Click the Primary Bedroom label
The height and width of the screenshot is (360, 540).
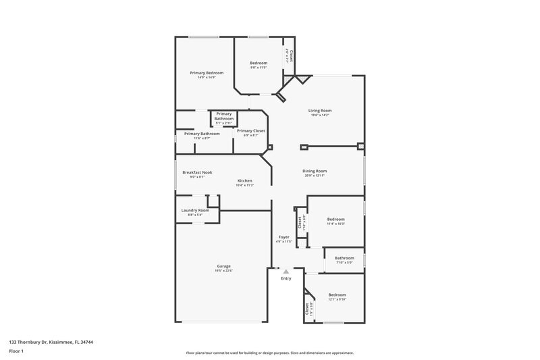pos(207,72)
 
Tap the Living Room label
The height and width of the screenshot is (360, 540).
pos(320,110)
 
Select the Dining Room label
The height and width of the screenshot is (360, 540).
pos(315,171)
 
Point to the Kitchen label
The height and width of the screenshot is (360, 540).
pos(245,180)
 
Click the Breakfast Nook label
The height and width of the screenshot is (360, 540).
pos(197,172)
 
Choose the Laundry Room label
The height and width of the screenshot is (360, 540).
pos(195,210)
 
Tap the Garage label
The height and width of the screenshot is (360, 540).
pos(224,265)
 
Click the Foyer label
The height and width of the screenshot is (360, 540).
pos(284,237)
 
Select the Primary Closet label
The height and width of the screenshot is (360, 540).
pos(250,130)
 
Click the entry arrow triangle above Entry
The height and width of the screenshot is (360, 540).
pos(286,272)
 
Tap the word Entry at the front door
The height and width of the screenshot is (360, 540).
pos(286,278)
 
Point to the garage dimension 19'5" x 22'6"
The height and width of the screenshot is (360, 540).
pos(224,271)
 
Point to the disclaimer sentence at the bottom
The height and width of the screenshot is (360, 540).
pos(269,353)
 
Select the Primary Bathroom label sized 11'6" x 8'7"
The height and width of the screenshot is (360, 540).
pos(202,134)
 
